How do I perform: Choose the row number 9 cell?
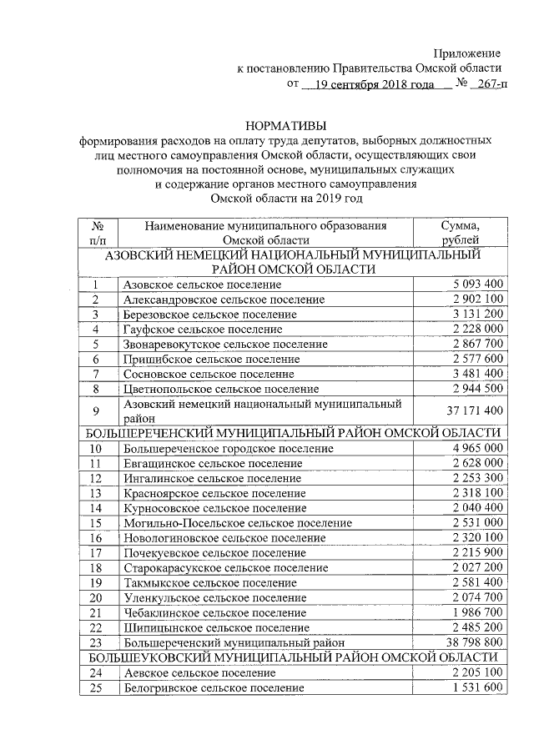click(98, 410)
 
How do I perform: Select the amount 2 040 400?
click(473, 507)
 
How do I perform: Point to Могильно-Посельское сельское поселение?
click(237, 522)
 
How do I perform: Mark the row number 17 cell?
click(98, 552)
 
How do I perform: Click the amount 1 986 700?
click(473, 612)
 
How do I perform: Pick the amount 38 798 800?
click(470, 642)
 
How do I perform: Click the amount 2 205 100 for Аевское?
click(473, 672)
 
